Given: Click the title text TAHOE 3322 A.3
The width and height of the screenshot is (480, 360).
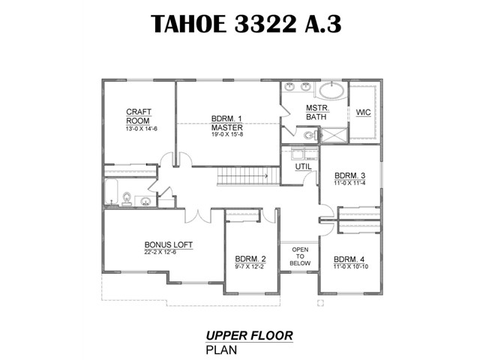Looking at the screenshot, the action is (x=246, y=23).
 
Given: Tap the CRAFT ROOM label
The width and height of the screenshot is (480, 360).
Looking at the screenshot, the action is (x=138, y=116).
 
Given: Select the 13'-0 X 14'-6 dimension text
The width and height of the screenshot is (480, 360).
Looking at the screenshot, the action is (x=141, y=129).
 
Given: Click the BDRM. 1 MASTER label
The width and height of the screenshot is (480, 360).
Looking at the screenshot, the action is (x=226, y=123).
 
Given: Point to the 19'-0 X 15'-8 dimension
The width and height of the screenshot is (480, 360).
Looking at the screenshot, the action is (x=227, y=134).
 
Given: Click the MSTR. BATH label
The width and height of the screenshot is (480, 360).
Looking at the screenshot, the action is (x=317, y=112).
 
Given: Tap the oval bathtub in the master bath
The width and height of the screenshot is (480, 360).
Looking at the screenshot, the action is (x=333, y=90).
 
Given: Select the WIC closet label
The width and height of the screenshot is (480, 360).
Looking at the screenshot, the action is (x=363, y=112).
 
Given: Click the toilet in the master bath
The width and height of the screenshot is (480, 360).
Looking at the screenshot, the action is (x=311, y=135).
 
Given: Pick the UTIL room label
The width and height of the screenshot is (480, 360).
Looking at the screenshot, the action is (x=303, y=166).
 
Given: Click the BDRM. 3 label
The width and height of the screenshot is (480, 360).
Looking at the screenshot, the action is (x=349, y=175).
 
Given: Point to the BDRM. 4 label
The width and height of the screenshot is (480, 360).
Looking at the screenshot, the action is (x=349, y=259).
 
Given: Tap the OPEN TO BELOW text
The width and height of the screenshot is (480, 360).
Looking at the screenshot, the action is (x=300, y=256).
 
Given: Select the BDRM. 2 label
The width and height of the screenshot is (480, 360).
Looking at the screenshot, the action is (x=250, y=259).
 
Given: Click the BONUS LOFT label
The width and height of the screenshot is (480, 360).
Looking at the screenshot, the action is (x=168, y=245).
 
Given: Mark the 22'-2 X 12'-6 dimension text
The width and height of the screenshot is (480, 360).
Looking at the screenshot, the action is (x=160, y=252).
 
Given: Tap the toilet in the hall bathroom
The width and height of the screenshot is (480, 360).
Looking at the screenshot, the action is (x=127, y=199).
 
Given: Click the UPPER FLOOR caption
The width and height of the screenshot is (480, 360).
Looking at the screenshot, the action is (x=249, y=336).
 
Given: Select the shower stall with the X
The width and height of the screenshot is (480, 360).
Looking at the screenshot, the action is (x=334, y=135).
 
